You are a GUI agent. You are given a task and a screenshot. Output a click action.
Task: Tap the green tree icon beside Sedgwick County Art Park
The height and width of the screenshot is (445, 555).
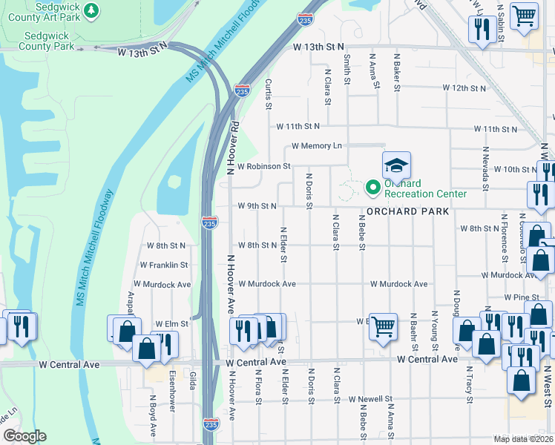click(91, 10)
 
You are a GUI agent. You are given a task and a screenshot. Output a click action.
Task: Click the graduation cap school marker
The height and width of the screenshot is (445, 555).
click(396, 165)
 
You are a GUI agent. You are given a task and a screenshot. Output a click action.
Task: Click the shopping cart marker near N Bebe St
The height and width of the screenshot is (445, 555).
click(383, 326)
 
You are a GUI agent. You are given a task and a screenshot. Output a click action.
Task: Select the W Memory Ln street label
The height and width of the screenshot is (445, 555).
click(317, 146)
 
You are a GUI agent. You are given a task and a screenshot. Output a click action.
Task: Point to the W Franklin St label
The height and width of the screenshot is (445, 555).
click(163, 265)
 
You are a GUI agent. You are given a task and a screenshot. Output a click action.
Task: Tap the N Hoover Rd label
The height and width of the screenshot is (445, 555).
click(233, 148)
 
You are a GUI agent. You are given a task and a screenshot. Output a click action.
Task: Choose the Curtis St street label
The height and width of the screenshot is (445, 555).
click(269, 93)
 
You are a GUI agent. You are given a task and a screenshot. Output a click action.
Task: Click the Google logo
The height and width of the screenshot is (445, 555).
click(24, 436)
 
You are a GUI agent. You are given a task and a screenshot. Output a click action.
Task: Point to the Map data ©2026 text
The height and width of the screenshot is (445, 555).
click(521, 439)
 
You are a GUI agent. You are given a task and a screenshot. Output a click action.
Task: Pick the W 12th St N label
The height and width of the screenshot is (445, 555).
click(464, 88)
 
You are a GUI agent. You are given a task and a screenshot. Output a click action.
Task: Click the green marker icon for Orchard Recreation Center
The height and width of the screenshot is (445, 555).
click(374, 188)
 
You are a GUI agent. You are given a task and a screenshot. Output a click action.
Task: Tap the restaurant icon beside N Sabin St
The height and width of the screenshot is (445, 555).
click(482, 29)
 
